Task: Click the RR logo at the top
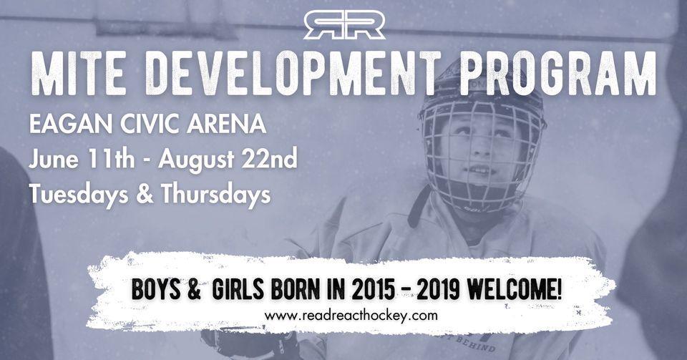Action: (x=343, y=25)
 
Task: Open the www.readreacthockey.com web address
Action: (x=351, y=315)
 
